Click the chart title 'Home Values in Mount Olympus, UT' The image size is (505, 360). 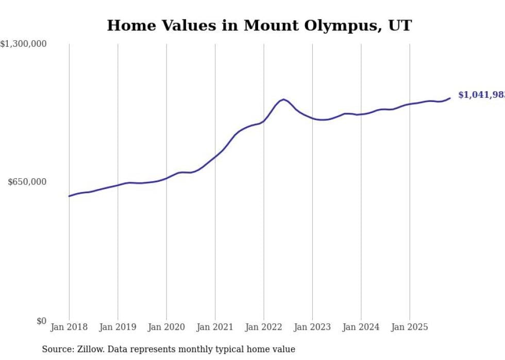coord(259,26)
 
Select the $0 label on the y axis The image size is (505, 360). coord(41,321)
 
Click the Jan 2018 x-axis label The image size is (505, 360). coord(69,327)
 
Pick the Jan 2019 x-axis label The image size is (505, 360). coord(118,327)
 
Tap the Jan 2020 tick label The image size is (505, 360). coord(166,327)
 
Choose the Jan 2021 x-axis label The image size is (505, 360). coord(215,327)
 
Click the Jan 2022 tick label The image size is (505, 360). coord(264,327)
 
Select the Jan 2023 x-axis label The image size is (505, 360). coord(312,327)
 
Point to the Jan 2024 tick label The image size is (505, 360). coord(361,327)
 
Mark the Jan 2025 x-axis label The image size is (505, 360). coord(410,327)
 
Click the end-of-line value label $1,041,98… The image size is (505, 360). coord(481,95)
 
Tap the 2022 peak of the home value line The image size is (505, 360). coord(283,99)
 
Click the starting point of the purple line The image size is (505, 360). coord(69,196)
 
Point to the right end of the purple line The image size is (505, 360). coord(450,98)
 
